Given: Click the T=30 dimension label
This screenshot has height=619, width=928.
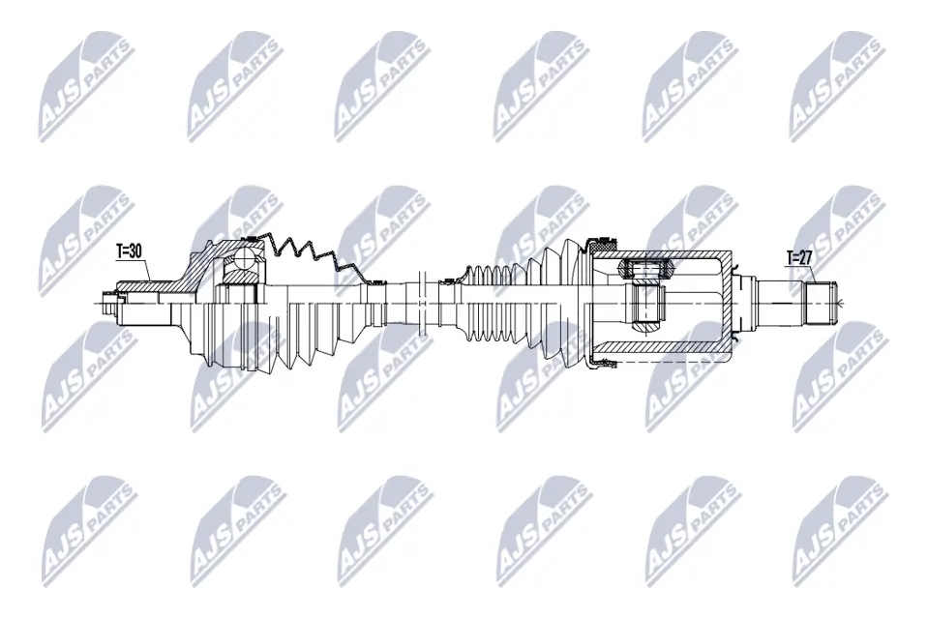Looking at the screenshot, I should (129, 251).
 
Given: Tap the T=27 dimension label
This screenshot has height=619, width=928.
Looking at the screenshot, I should (800, 258).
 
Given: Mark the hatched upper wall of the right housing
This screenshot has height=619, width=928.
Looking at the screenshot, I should (668, 258).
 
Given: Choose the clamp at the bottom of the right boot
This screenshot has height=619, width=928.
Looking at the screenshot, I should (603, 364).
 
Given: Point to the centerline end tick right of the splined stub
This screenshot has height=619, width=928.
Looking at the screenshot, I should (845, 304).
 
